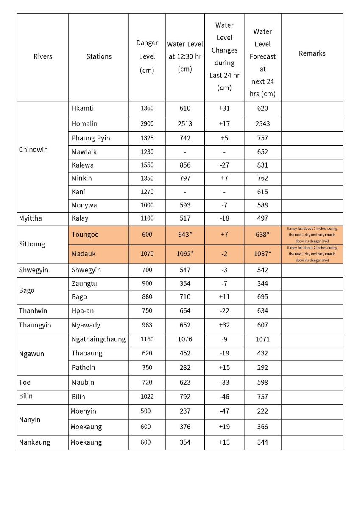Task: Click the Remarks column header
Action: click(312, 53)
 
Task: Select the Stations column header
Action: click(99, 56)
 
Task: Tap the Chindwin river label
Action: click(33, 150)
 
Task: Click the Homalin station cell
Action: click(84, 124)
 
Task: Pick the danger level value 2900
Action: click(147, 124)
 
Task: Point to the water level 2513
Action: click(185, 124)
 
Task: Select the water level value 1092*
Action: click(185, 254)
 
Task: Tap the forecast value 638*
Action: click(262, 235)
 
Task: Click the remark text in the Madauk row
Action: click(312, 254)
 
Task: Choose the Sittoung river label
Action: click(32, 244)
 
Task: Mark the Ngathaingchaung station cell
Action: click(98, 339)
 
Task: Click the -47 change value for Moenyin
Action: click(224, 411)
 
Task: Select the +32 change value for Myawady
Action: click(224, 325)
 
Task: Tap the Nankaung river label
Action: click(34, 442)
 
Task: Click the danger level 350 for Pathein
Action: click(147, 367)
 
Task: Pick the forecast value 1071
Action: click(262, 339)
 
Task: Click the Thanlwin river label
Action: click(33, 311)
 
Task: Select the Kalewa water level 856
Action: click(185, 165)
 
